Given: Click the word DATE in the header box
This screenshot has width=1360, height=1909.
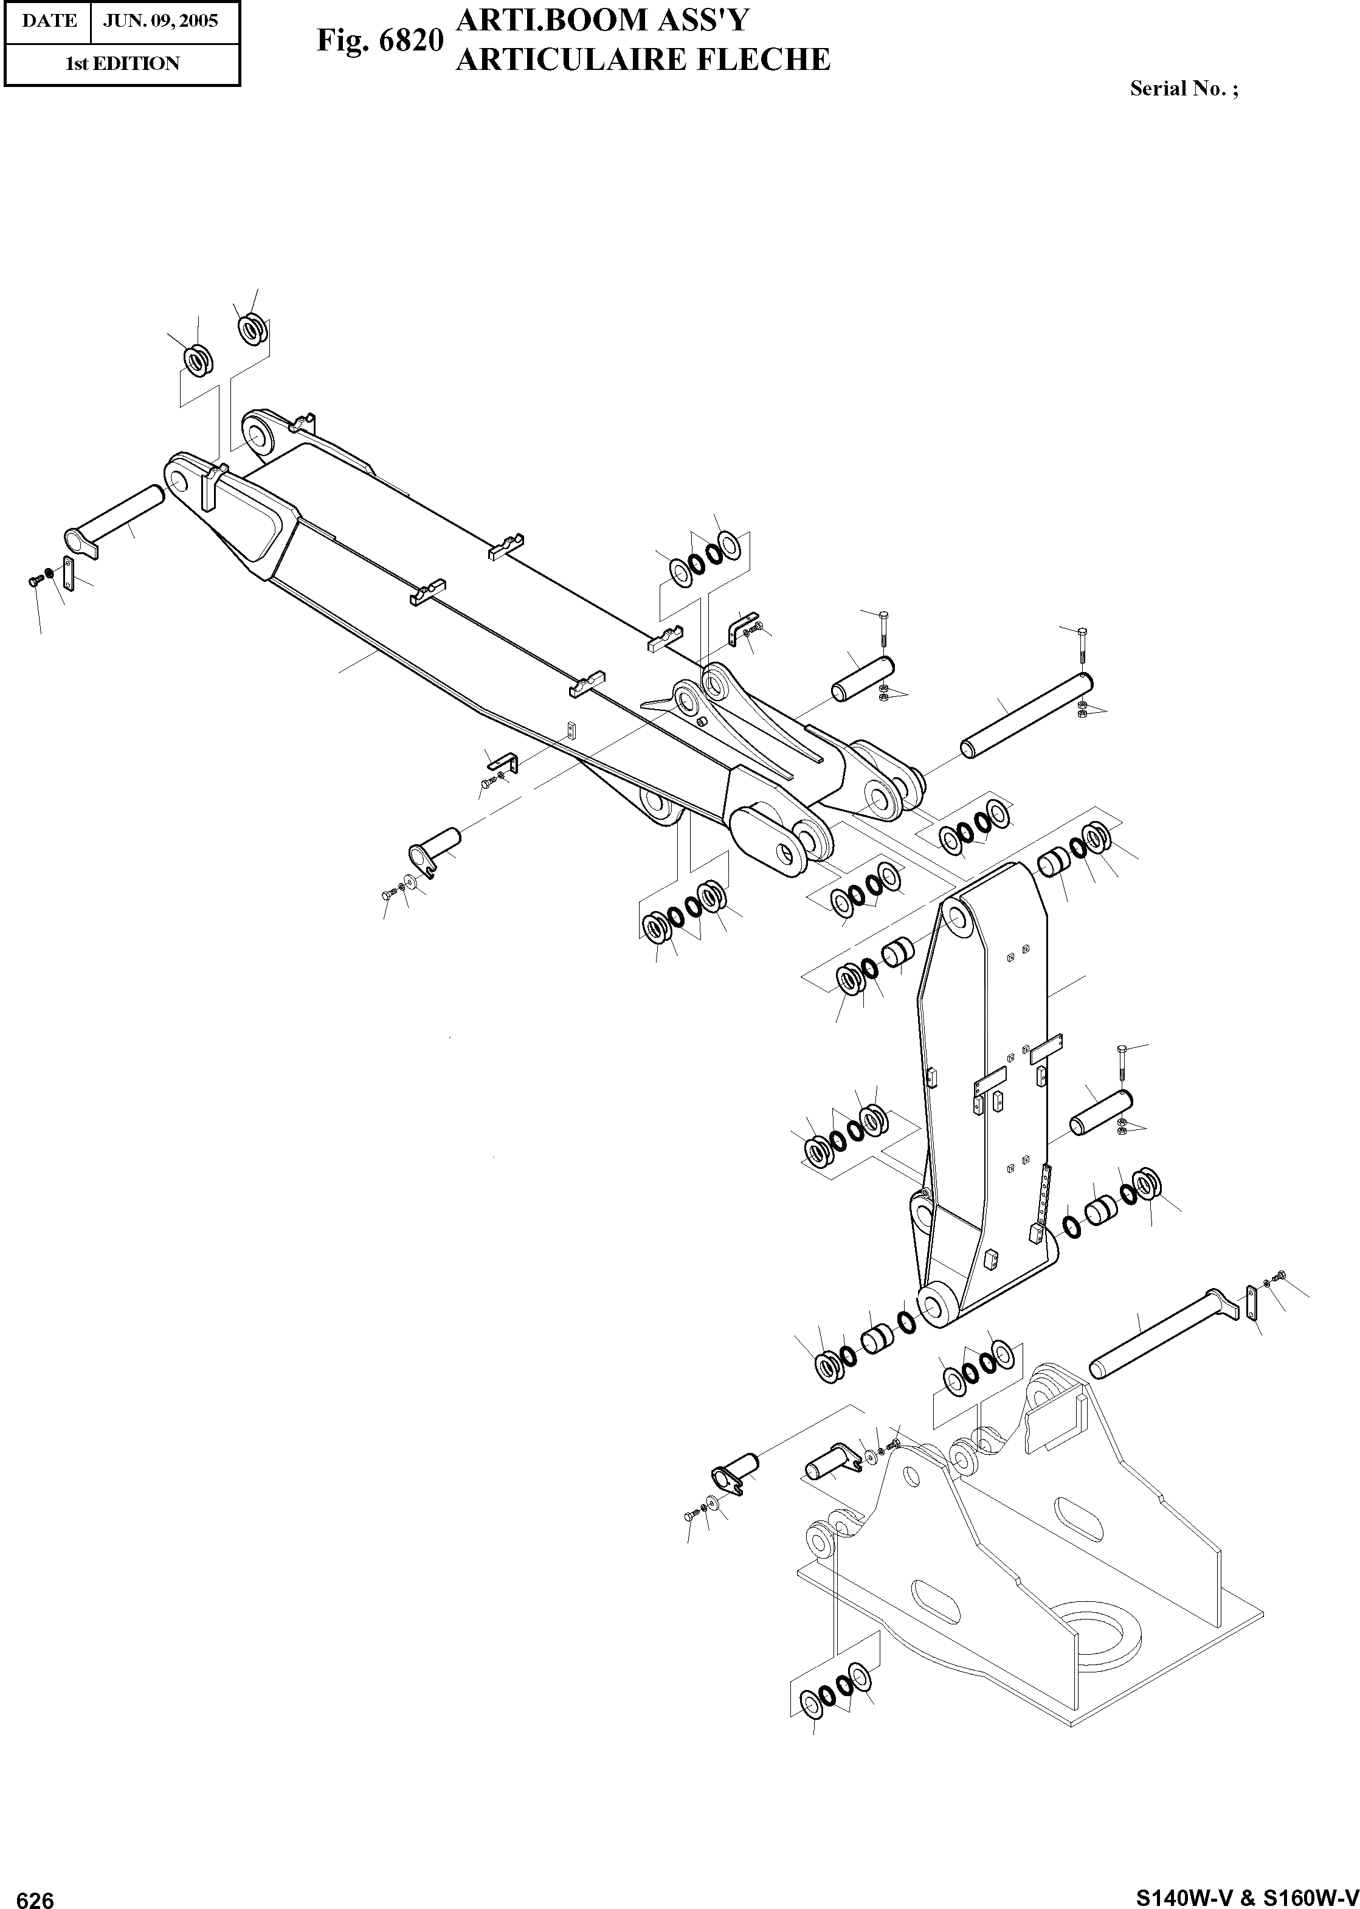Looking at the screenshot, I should [49, 21].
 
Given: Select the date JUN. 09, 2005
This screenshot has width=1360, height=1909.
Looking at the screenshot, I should [161, 21].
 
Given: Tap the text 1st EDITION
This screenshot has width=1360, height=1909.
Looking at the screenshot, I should [122, 64].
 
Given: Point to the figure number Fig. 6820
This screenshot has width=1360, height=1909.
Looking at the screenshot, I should [379, 40].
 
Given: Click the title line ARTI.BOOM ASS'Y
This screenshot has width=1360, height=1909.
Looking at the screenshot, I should [601, 20].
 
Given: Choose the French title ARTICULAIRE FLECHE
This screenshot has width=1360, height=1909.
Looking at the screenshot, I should [643, 60].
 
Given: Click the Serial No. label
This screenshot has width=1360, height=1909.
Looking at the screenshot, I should [1183, 89].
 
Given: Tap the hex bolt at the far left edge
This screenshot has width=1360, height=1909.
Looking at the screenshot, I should [35, 580].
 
